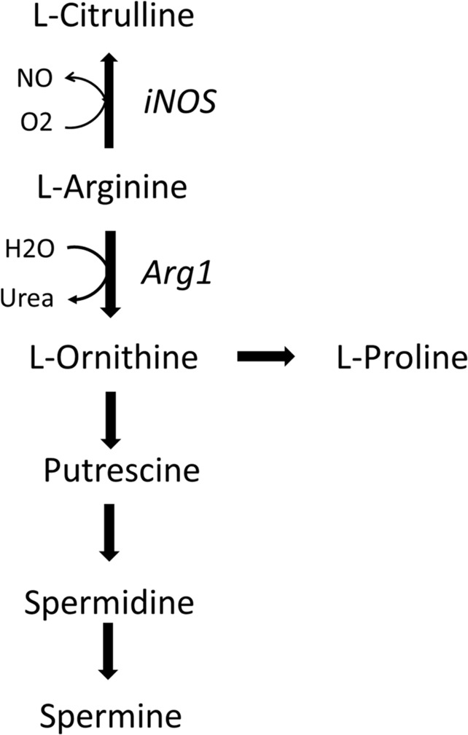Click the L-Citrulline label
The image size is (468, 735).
(x=114, y=17)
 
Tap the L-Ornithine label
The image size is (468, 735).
(x=114, y=357)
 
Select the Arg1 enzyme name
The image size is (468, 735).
(x=175, y=275)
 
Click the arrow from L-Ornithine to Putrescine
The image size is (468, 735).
(x=109, y=419)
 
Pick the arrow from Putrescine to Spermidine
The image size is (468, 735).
(x=109, y=532)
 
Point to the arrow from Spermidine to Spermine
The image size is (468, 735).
(x=109, y=651)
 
